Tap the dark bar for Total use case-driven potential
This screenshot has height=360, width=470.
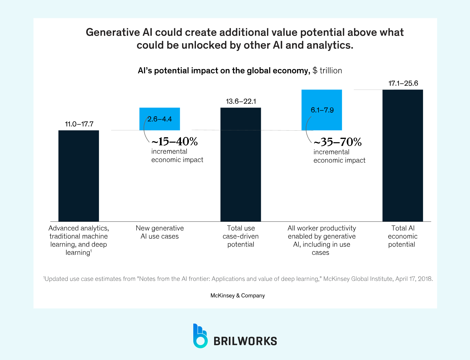241,164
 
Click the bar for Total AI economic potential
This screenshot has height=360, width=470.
402,155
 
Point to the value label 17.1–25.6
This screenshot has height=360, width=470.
403,83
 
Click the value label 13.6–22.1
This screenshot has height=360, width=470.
241,102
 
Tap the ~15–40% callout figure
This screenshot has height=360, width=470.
174,142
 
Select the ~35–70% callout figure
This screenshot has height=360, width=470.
338,142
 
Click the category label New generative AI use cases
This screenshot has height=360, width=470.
160,232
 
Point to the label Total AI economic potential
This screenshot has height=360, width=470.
402,236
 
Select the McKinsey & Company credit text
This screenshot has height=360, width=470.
238,296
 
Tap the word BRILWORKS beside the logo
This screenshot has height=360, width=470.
245,341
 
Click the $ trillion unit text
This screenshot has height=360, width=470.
327,71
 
